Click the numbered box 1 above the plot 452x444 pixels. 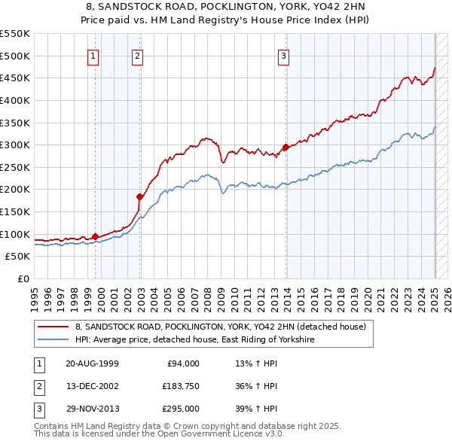click(93, 55)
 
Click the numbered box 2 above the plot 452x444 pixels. click(138, 55)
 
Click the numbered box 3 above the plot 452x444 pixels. click(284, 55)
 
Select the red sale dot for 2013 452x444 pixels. click(286, 147)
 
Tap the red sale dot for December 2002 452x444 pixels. click(139, 196)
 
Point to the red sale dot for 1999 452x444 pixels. click(95, 236)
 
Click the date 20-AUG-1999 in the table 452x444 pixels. click(92, 363)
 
